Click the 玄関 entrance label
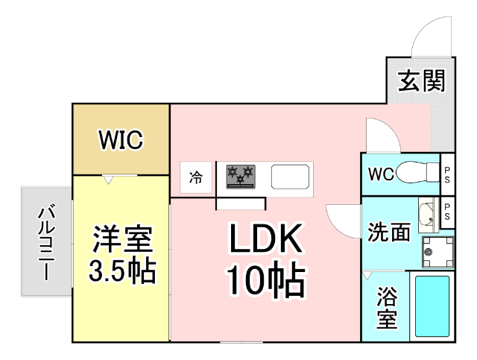420,81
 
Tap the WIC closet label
121,139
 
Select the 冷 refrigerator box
196,177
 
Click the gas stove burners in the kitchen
240,177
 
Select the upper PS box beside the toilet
447,174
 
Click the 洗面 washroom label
388,232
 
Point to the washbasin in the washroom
428,216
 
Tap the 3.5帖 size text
123,271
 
